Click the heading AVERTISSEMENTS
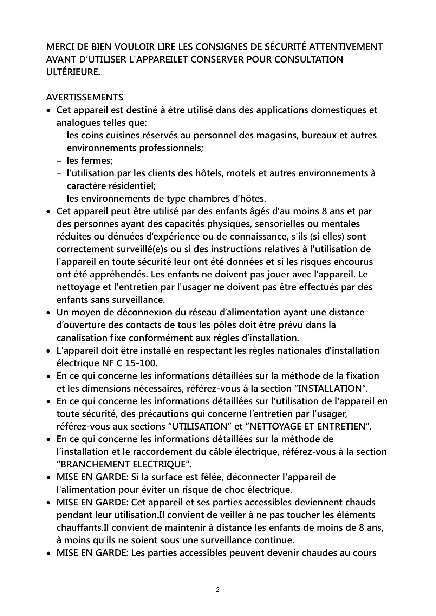tap(85, 97)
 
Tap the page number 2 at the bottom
tap(218, 589)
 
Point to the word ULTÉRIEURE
tap(73, 72)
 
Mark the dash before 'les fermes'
tap(59, 161)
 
